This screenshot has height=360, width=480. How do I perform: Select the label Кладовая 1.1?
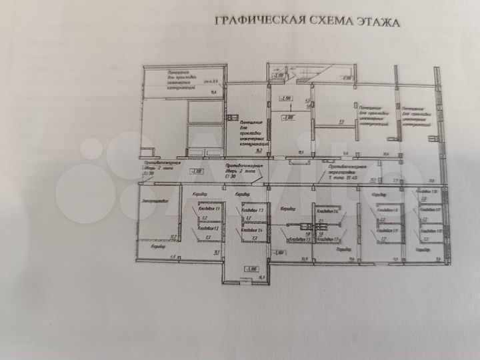click(209, 209)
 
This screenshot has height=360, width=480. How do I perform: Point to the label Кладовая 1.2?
click(209, 228)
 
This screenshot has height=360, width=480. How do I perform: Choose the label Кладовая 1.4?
click(252, 229)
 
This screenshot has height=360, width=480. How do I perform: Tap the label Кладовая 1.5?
click(298, 239)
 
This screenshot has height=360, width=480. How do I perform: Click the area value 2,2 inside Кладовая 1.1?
click(205, 218)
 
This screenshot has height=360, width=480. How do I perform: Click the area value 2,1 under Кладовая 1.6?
click(321, 220)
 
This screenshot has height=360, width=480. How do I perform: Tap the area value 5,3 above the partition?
click(341, 122)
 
